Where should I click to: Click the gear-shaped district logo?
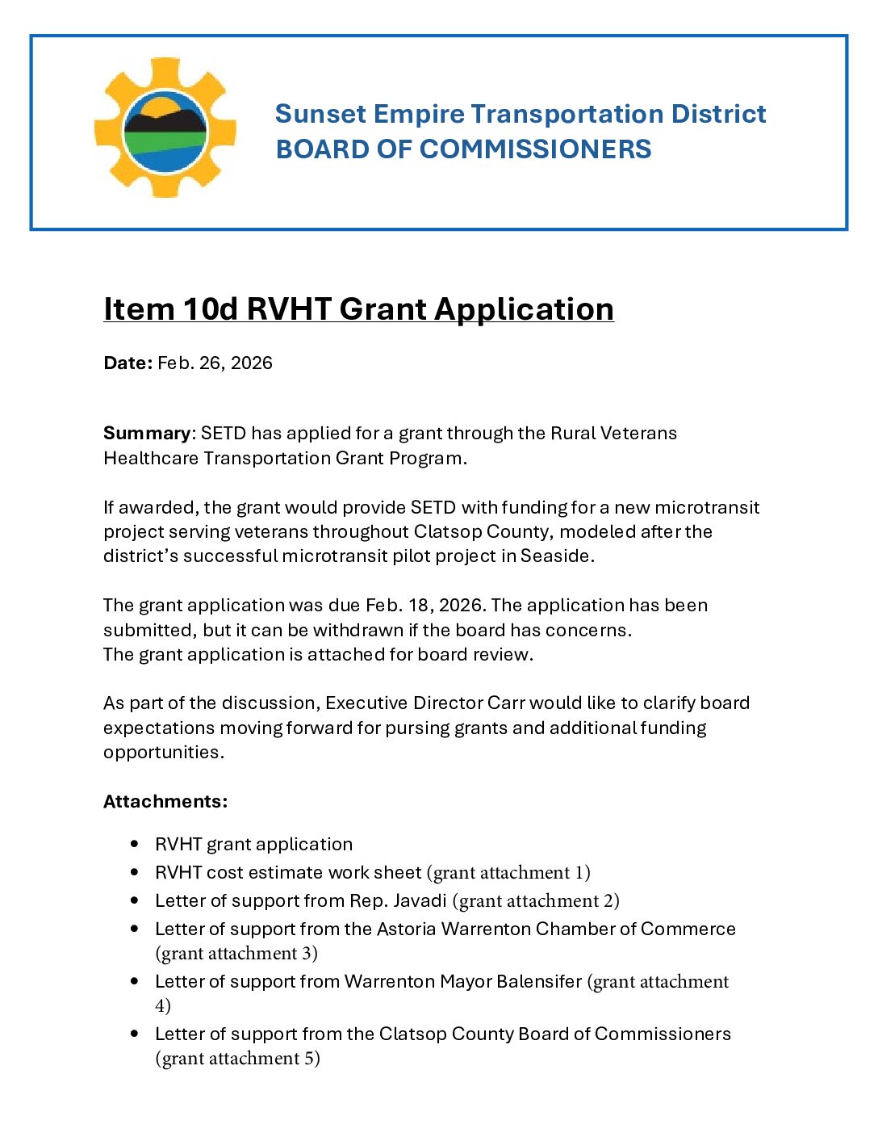pyautogui.click(x=165, y=128)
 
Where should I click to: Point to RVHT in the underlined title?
pyautogui.click(x=289, y=309)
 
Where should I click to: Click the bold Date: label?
pyautogui.click(x=128, y=363)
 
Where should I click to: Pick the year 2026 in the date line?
pyautogui.click(x=251, y=363)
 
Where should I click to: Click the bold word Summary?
pyautogui.click(x=147, y=433)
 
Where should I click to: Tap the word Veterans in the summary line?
pyautogui.click(x=638, y=433)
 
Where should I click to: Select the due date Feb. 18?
pyautogui.click(x=401, y=605)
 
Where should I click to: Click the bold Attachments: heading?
pyautogui.click(x=165, y=801)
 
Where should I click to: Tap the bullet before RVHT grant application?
pyautogui.click(x=134, y=844)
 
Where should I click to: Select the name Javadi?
pyautogui.click(x=420, y=900)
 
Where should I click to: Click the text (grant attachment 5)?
pyautogui.click(x=237, y=1058)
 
